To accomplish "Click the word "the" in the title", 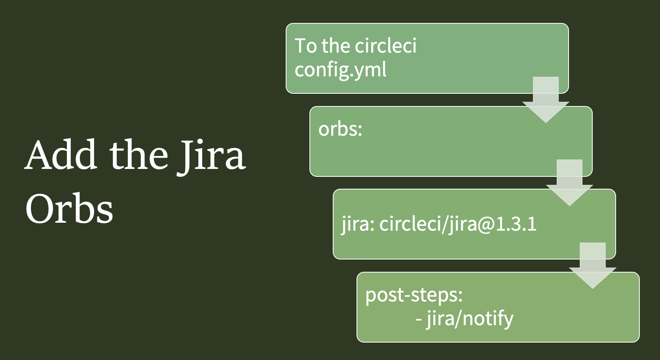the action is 138,155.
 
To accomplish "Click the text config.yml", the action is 340,70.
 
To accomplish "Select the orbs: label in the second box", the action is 340,129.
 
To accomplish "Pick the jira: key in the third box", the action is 358,224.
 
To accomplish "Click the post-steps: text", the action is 414,295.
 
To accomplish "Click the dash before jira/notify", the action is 419,319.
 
